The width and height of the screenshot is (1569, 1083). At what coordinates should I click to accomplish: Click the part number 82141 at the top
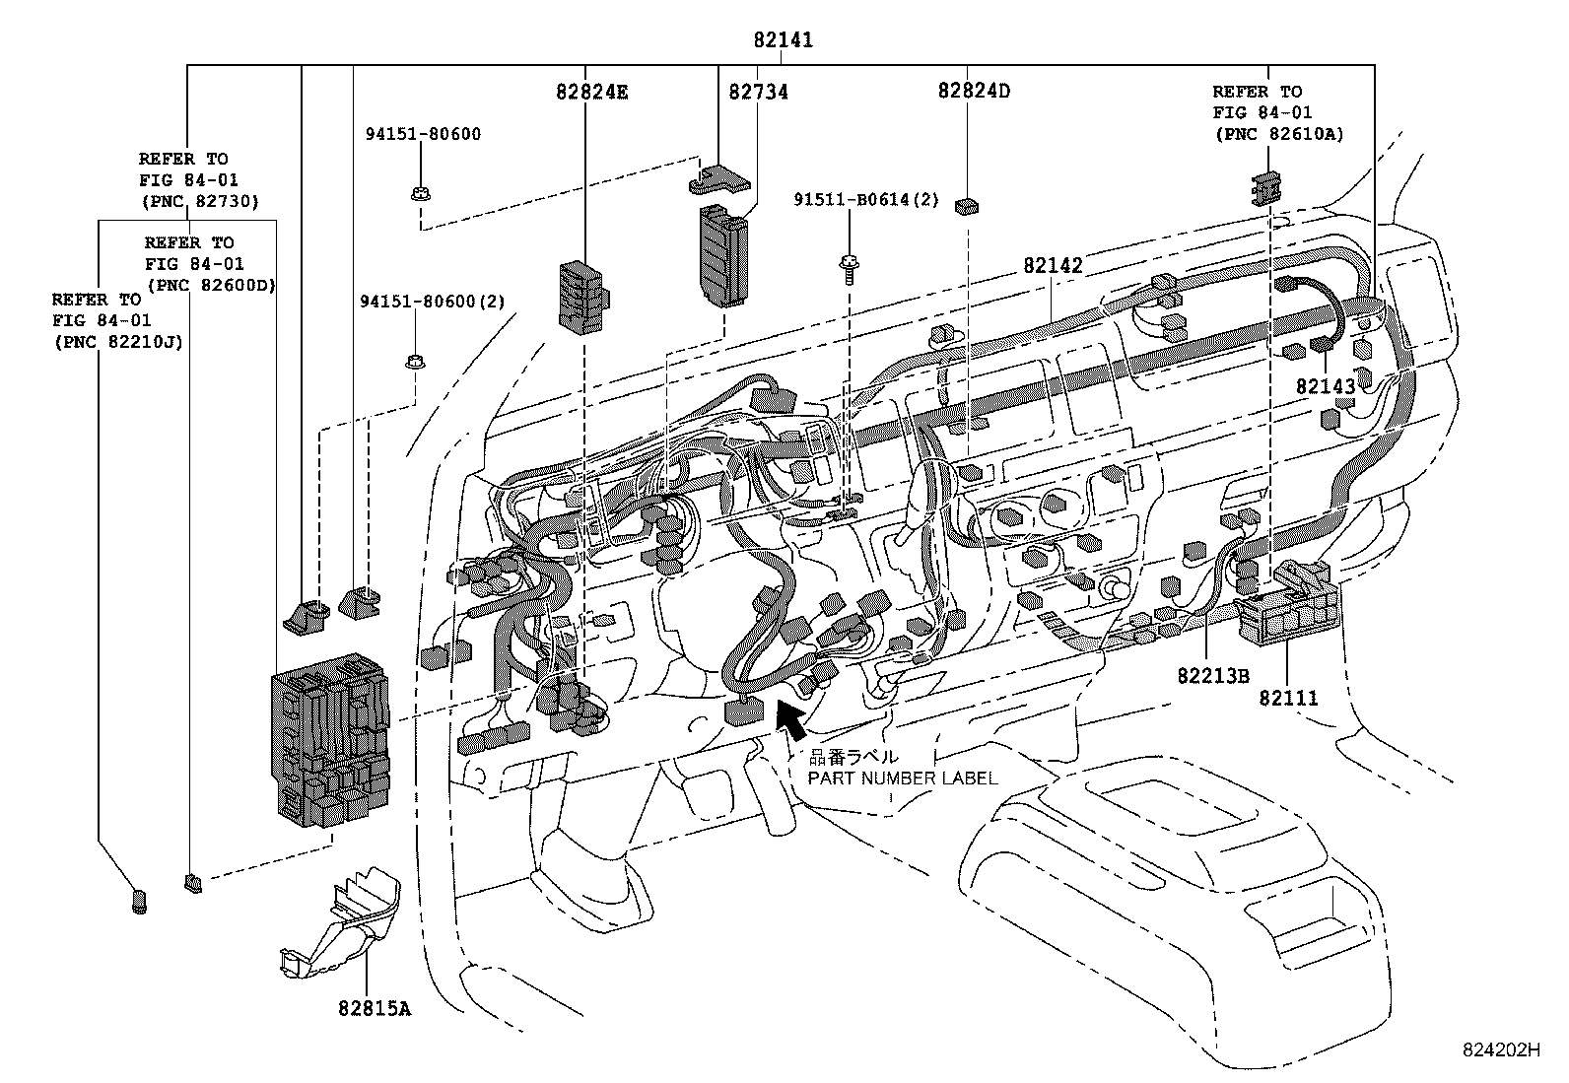click(x=784, y=40)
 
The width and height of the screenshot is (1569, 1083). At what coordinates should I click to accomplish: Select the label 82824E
click(x=592, y=92)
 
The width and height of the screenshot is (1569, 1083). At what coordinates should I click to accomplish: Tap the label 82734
click(x=758, y=92)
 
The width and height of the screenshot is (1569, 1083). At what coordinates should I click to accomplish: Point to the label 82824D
click(x=975, y=91)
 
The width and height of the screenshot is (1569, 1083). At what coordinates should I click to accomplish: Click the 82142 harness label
click(x=1053, y=265)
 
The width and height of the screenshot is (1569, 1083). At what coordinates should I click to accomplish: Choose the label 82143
click(x=1326, y=386)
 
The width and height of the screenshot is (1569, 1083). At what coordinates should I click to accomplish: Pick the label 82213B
click(x=1213, y=676)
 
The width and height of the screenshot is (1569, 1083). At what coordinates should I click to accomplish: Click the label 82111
click(x=1288, y=699)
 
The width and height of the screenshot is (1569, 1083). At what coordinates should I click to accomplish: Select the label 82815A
click(x=375, y=1008)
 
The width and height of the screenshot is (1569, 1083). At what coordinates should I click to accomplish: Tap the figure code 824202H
click(x=1501, y=1050)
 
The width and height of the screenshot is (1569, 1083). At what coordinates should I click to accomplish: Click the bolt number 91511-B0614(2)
click(x=865, y=200)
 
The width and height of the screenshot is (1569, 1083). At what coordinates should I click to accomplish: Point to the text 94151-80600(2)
click(x=433, y=302)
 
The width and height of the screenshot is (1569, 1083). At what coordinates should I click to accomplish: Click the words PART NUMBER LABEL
click(x=902, y=778)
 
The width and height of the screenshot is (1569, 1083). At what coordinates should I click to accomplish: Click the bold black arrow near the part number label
click(x=791, y=721)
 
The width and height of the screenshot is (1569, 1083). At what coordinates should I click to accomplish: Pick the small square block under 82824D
click(x=967, y=206)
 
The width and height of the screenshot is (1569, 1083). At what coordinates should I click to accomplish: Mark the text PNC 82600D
click(x=212, y=286)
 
